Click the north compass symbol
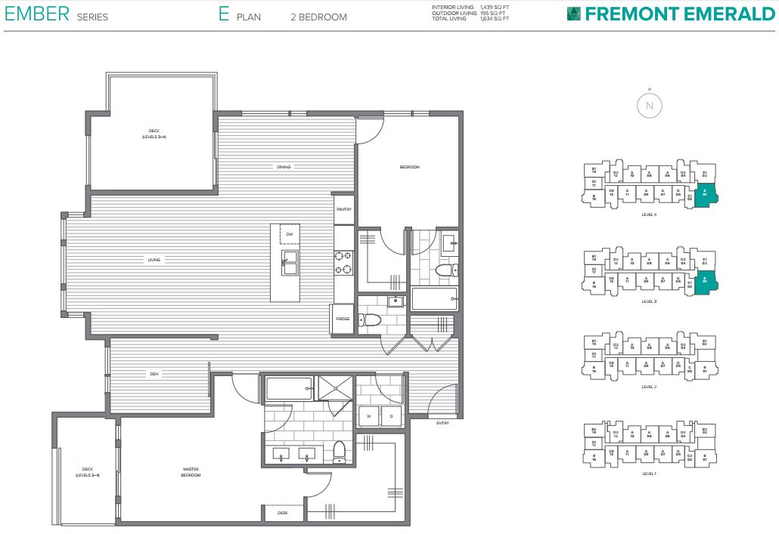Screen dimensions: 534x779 [x=648, y=106]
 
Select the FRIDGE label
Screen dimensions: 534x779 [x=343, y=319]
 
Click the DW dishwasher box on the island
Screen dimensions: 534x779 [x=289, y=234]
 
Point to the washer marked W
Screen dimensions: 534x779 [x=370, y=416]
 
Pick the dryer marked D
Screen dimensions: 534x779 [x=391, y=416]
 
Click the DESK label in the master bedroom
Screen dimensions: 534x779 [x=282, y=514]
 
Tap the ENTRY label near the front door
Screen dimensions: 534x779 [x=442, y=423]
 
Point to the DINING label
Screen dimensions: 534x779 [x=283, y=167]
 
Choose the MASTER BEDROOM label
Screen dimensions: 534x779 [x=191, y=474]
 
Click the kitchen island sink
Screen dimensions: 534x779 [x=290, y=264]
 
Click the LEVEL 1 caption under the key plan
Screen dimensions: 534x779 [x=648, y=474]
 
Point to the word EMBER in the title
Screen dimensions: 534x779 [x=37, y=15]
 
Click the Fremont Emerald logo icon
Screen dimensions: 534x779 [x=574, y=14]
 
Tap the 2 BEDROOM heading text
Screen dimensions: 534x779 [x=318, y=17]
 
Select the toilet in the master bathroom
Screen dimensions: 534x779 [x=340, y=450]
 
